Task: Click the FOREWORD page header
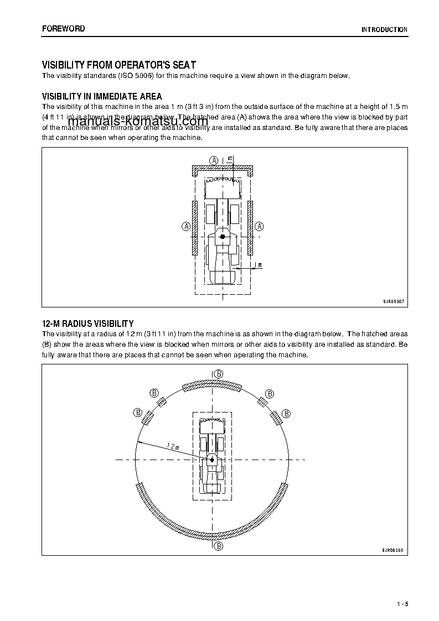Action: [64, 28]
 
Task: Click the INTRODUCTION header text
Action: [384, 30]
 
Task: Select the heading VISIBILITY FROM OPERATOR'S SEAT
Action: [119, 65]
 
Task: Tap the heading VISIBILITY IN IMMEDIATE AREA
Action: [102, 96]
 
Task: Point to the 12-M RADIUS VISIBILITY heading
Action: [87, 323]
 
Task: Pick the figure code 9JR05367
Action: [394, 301]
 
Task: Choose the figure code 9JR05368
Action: [393, 550]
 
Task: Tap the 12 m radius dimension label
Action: [172, 446]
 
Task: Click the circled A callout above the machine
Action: [214, 160]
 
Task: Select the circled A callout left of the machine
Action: [186, 226]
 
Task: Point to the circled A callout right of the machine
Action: [260, 226]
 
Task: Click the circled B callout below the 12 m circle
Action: [219, 546]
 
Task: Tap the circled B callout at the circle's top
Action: [219, 374]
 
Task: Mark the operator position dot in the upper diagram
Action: [223, 237]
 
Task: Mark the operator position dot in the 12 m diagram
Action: [211, 460]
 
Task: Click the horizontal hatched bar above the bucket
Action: [223, 169]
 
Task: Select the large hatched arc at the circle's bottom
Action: [213, 526]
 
